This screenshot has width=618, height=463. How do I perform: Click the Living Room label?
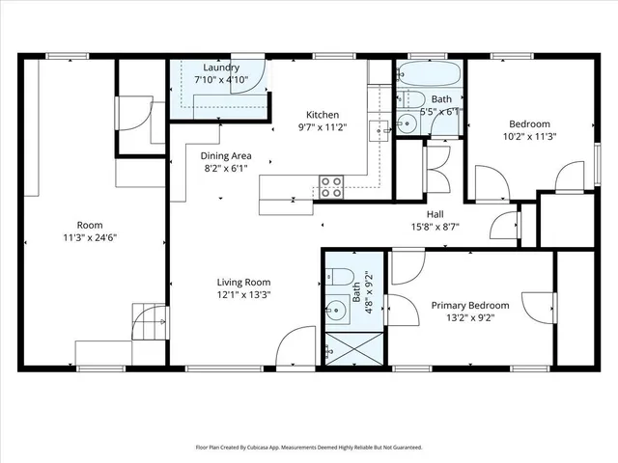click(x=242, y=282)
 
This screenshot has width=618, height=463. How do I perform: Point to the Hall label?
click(x=435, y=215)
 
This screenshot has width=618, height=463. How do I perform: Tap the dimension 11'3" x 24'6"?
click(x=90, y=237)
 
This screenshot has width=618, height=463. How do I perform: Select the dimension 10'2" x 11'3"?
click(x=529, y=136)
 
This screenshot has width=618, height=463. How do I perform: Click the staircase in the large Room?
click(x=150, y=319)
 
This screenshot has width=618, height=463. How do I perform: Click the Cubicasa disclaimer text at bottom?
click(x=309, y=448)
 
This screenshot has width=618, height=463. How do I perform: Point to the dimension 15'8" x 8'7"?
click(x=435, y=228)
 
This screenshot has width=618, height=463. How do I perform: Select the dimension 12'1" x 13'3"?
click(x=242, y=294)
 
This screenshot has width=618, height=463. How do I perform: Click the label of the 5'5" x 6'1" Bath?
click(x=441, y=99)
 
